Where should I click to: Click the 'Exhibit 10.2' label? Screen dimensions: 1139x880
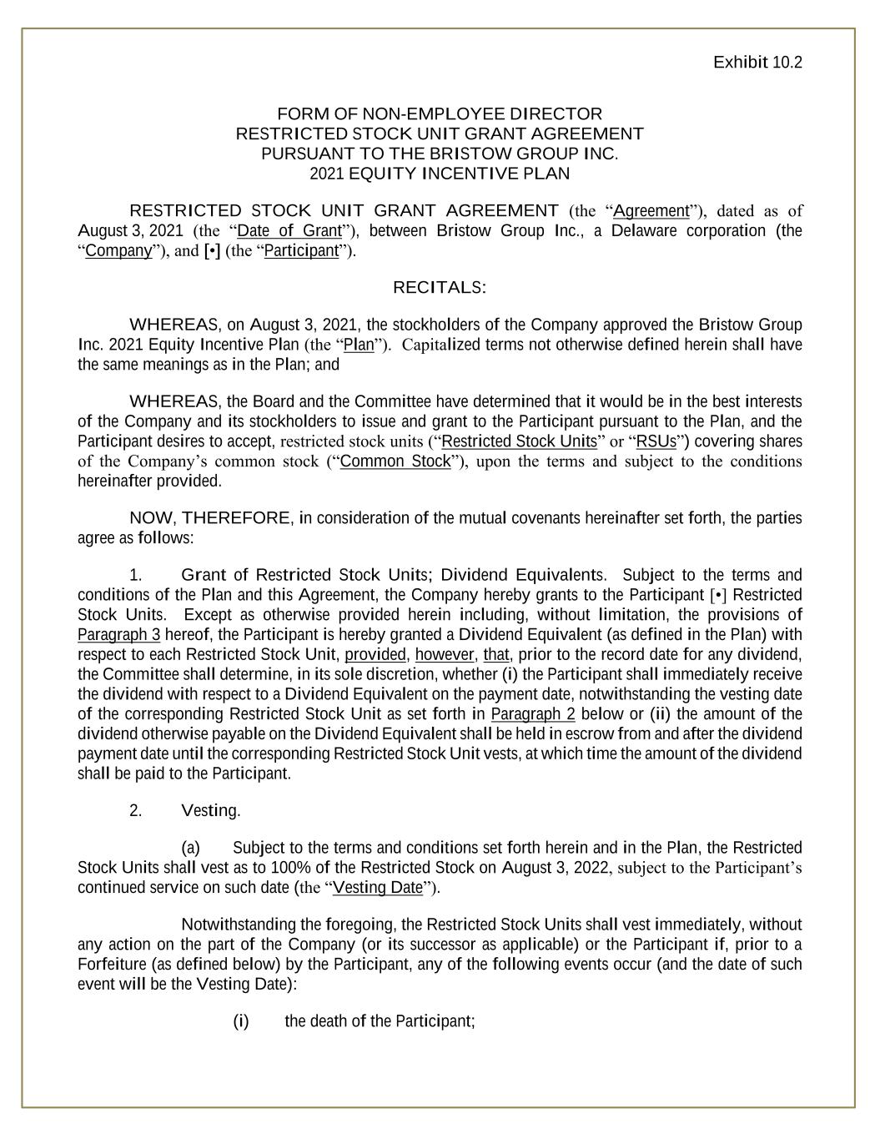(x=757, y=63)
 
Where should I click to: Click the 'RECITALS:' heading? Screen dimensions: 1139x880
(x=439, y=288)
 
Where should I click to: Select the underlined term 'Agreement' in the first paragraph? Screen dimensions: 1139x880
(x=651, y=211)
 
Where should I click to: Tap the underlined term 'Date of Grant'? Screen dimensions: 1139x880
(x=289, y=231)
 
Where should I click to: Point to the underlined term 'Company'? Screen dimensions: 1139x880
(x=118, y=251)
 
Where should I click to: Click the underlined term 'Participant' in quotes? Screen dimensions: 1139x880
(x=301, y=251)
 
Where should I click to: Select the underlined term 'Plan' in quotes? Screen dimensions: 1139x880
(x=359, y=345)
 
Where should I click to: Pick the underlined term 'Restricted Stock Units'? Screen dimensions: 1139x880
(x=519, y=441)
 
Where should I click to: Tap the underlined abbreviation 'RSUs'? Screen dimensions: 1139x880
(x=656, y=441)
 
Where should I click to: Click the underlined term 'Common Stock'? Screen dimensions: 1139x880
(x=395, y=461)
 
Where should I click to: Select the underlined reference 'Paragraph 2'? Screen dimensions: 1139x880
(x=533, y=714)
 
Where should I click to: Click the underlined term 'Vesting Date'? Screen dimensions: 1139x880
(x=378, y=888)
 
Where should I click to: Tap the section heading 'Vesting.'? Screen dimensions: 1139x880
(x=210, y=811)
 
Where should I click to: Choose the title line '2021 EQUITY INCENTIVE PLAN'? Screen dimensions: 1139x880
(x=439, y=174)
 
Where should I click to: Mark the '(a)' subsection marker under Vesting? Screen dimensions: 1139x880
(x=191, y=848)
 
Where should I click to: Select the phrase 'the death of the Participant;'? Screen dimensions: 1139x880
(x=380, y=1021)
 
